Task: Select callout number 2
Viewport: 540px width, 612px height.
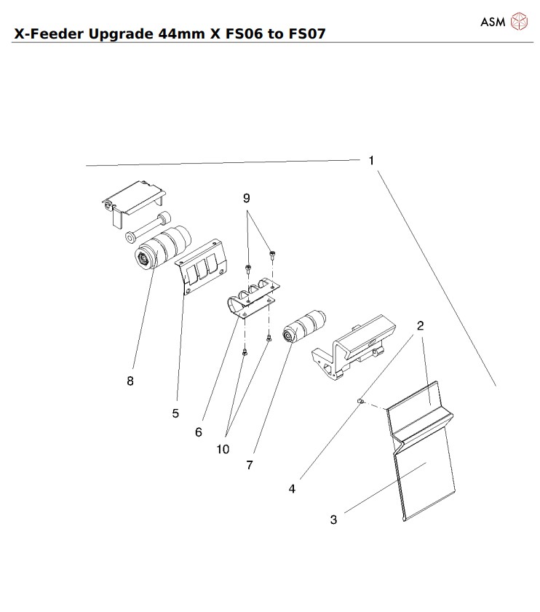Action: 421,326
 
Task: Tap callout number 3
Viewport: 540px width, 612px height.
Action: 333,520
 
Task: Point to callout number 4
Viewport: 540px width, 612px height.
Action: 292,489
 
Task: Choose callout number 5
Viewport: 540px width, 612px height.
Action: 175,413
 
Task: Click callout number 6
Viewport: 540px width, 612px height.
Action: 198,432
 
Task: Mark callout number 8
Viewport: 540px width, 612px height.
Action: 130,381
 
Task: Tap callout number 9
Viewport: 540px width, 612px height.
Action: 246,198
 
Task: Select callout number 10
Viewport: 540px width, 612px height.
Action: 222,449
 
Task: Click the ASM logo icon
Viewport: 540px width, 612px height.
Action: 519,22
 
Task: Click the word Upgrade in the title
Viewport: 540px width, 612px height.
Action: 117,34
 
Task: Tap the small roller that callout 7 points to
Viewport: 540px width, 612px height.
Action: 306,325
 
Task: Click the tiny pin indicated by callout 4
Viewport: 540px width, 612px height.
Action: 360,401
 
